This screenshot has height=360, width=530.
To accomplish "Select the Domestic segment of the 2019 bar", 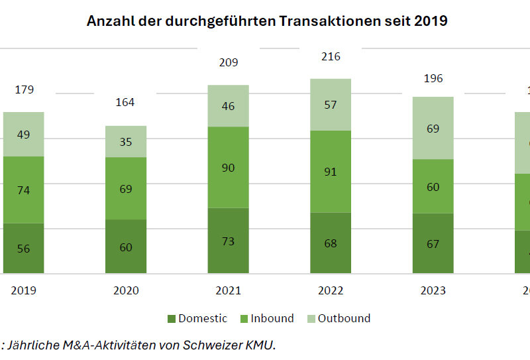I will (24, 248).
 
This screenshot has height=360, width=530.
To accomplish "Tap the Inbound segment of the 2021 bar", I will (228, 167).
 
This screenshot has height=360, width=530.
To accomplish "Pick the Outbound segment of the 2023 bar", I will (433, 128).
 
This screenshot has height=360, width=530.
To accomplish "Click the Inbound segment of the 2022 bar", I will (331, 171).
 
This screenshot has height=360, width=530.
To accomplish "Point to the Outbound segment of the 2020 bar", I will (126, 141).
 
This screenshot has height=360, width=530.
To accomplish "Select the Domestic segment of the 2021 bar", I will (228, 240).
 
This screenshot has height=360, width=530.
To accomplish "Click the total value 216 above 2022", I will (331, 57).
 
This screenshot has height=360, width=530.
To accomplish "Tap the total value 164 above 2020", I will (125, 102).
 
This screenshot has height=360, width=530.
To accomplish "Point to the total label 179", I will (24, 90).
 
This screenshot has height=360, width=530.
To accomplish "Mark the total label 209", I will (228, 63).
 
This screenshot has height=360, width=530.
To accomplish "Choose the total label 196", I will (433, 79).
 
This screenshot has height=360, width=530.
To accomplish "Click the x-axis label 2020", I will (126, 290).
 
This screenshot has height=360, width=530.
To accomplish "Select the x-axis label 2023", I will (433, 290).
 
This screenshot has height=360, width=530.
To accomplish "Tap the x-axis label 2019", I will (24, 290).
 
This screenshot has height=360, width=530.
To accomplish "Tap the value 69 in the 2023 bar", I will (433, 128).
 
